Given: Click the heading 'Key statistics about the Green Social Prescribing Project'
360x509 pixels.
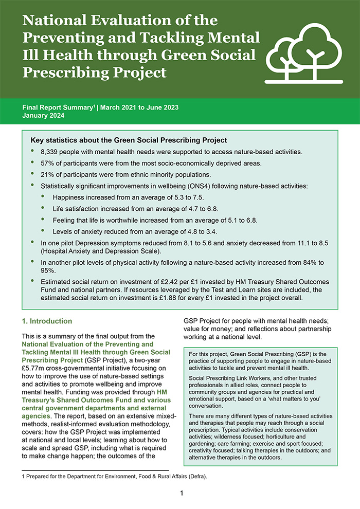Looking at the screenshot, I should tap(129, 140).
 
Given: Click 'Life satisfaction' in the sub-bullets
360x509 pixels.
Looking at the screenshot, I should tap(77, 209).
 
